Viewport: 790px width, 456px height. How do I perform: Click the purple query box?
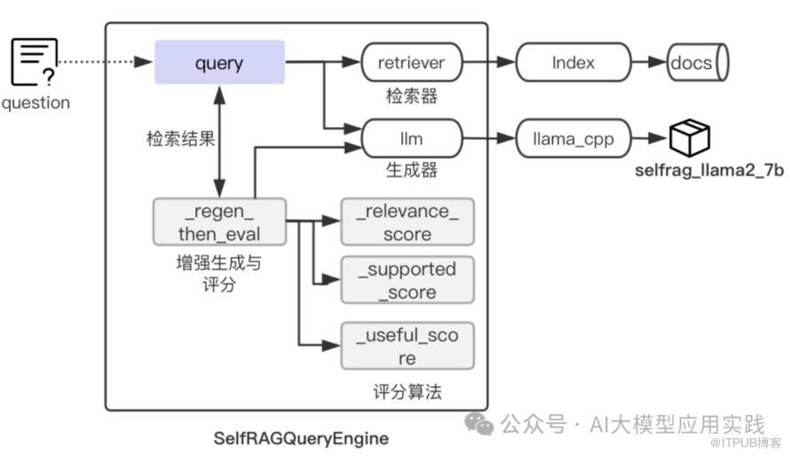[x=219, y=62]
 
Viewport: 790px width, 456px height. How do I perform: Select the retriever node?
[x=411, y=63]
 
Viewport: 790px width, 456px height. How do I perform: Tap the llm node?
[x=411, y=138]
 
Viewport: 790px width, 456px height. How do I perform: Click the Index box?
[x=573, y=63]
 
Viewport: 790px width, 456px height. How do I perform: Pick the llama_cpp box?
[x=573, y=138]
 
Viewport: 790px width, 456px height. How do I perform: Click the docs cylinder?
[x=697, y=63]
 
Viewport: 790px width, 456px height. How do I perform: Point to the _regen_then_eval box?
[x=219, y=223]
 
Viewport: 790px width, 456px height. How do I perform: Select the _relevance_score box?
[x=407, y=223]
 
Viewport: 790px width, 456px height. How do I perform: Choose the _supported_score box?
[x=407, y=280]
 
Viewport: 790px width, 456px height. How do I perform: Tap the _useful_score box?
[x=407, y=347]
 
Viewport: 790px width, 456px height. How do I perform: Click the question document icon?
[x=35, y=63]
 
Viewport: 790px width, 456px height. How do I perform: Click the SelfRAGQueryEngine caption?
[x=301, y=438]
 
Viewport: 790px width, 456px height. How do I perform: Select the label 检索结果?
[x=180, y=139]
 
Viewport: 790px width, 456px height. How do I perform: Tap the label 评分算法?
[x=407, y=391]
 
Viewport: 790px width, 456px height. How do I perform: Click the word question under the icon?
[x=36, y=103]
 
